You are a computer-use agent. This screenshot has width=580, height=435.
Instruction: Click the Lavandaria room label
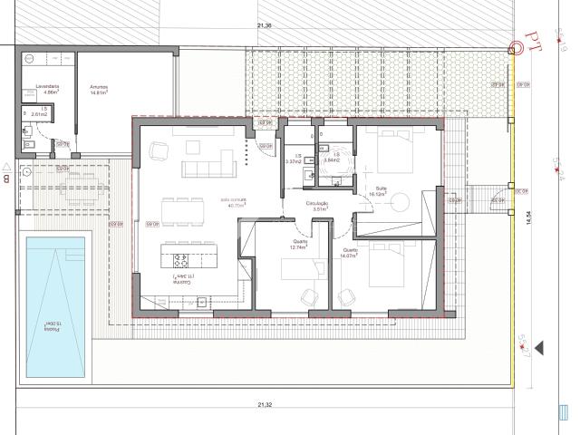click(46, 89)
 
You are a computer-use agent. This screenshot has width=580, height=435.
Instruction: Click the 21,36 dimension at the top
click(265, 25)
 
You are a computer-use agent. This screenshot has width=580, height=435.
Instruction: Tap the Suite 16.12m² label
click(378, 191)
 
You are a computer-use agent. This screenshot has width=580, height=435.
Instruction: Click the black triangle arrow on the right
click(541, 347)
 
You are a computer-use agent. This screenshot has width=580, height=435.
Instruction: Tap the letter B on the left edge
click(6, 179)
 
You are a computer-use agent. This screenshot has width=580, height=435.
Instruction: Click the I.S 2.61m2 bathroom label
click(39, 113)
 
